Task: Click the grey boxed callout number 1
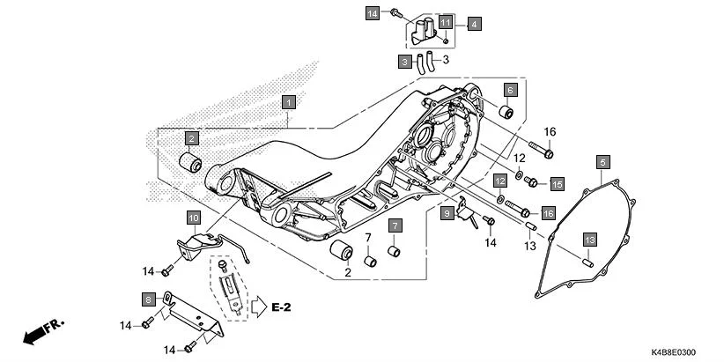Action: tap(287, 102)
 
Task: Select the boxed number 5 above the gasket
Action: tap(603, 162)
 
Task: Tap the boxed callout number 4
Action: tap(474, 24)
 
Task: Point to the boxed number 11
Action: tap(447, 21)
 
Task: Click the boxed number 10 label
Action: tap(193, 217)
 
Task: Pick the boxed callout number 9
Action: tap(447, 212)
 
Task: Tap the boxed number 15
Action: tap(557, 183)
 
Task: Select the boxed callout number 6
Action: tap(510, 90)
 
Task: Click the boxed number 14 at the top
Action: tap(373, 13)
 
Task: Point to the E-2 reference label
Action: tap(281, 307)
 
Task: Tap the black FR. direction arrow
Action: tap(44, 332)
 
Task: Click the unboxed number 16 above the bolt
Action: tap(550, 132)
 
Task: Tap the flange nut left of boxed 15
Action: tap(532, 182)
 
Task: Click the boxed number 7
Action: tap(395, 225)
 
